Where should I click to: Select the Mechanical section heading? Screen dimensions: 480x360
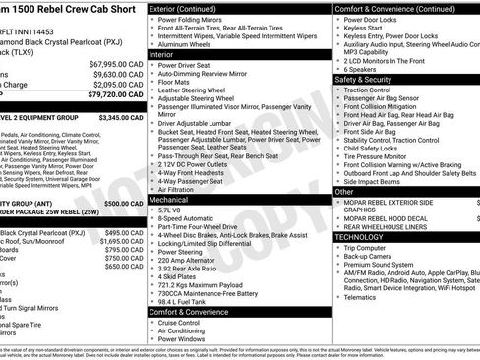click(x=169, y=200)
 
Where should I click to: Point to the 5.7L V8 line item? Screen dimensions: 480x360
click(x=169, y=210)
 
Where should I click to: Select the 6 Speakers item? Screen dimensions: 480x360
click(x=361, y=69)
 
